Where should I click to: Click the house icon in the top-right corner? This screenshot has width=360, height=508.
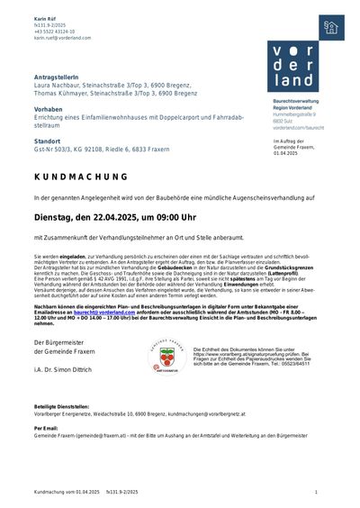[331, 28]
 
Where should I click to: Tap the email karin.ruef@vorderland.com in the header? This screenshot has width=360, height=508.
[63, 39]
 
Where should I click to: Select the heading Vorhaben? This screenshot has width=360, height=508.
[48, 108]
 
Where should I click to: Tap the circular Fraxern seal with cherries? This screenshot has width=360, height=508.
[166, 358]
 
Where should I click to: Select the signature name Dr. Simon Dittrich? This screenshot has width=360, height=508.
[71, 370]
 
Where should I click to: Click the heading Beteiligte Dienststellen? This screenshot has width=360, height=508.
[62, 407]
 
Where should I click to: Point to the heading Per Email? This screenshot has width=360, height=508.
[46, 427]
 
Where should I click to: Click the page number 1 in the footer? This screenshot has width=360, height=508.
[316, 492]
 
